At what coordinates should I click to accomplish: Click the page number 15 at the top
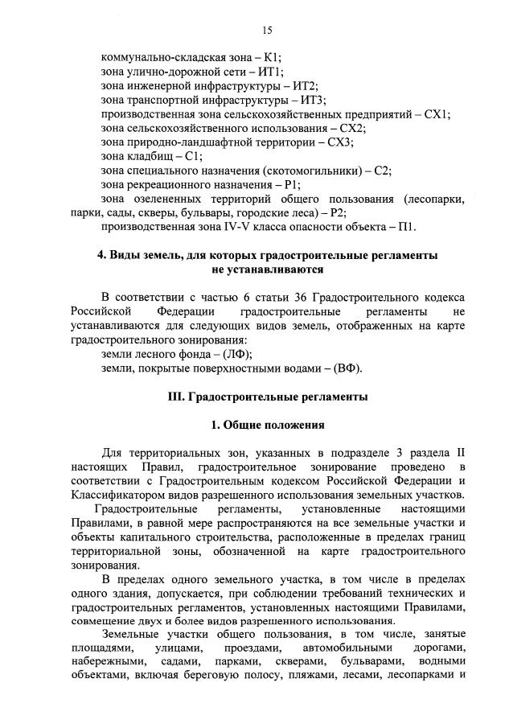coord(267,31)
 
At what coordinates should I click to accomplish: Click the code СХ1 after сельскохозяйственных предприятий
coord(437,114)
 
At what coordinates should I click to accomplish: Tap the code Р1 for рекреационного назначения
coord(298,184)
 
